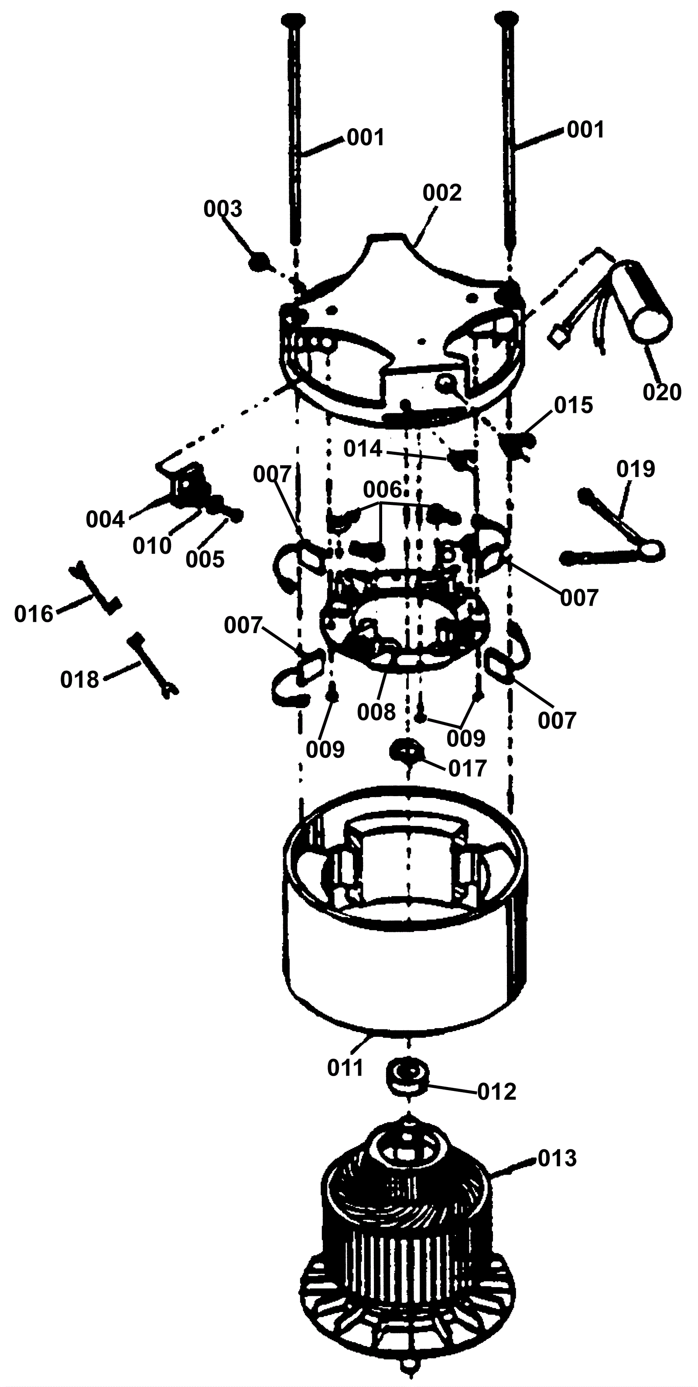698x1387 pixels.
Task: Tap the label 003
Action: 222,209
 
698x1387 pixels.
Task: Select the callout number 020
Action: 662,392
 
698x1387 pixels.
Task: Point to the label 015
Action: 574,405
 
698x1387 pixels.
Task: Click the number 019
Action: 636,469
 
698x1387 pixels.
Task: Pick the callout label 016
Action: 34,614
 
